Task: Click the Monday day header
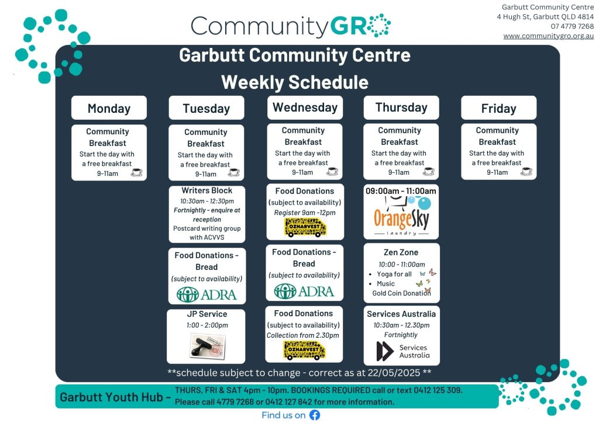point(109,108)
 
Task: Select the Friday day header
point(498,108)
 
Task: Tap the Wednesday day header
point(305,108)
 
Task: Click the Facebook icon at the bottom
point(315,415)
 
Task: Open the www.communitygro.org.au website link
point(548,36)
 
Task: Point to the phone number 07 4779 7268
point(572,26)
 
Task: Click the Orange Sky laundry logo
point(401,216)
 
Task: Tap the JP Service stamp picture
point(208,345)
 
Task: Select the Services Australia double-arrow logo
point(385,351)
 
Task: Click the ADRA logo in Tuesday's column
point(206,294)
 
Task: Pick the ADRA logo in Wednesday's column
point(304,292)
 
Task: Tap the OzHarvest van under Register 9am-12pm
point(305,227)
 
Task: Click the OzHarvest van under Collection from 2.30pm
point(304,351)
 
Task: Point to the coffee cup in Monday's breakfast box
point(136,173)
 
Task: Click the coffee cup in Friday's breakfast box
point(526,172)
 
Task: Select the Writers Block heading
point(206,190)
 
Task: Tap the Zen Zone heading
point(401,252)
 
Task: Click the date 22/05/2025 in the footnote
point(394,373)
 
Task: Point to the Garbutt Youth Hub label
point(111,397)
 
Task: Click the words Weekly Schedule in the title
point(295,82)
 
